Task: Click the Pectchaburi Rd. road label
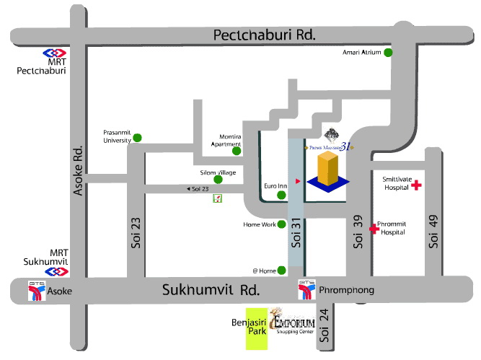[265, 35]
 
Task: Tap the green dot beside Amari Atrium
[388, 53]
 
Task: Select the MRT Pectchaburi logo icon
[54, 53]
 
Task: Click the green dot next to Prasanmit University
[137, 137]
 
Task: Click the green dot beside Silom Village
[217, 179]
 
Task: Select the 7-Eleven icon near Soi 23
[217, 198]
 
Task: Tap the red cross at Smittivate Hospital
[415, 185]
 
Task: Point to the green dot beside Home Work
[282, 224]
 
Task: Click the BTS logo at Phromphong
[306, 289]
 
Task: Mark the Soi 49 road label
[433, 232]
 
